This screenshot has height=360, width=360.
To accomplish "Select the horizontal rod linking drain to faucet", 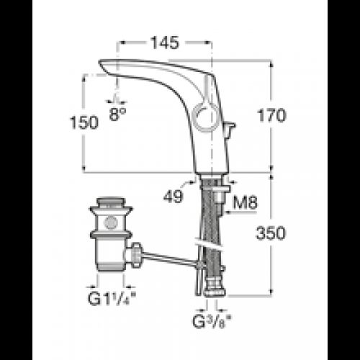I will click(x=170, y=258).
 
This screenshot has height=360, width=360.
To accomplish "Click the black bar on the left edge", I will click(x=16, y=180).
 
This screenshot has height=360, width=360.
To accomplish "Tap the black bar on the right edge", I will click(x=344, y=180).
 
